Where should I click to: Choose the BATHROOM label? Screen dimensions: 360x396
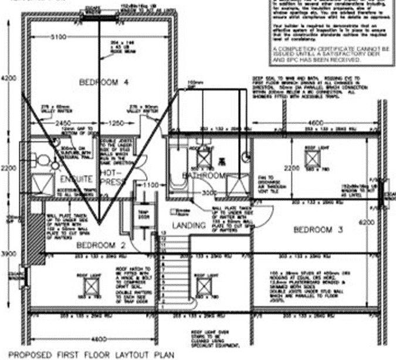(x=204, y=176)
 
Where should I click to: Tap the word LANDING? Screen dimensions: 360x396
(x=189, y=226)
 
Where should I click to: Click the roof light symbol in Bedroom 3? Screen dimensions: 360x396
(x=311, y=158)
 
